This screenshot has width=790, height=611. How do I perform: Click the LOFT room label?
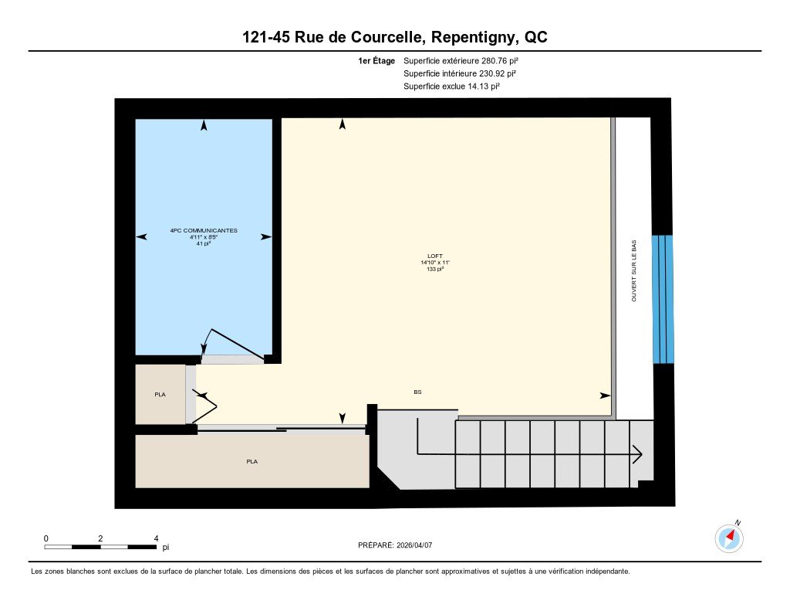coord(435,256)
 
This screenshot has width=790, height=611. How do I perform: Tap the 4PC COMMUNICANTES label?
coord(204,230)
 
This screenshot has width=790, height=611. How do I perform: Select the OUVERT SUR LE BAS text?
coord(634,270)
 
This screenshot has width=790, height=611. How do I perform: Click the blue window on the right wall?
coord(662,299)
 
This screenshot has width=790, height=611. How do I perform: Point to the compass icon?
coord(730,538)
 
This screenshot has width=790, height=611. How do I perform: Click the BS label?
coord(417,392)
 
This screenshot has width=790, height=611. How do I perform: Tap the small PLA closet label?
coord(160,395)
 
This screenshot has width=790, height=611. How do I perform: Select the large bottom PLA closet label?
coord(252,462)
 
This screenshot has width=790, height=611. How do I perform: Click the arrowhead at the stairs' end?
coord(637,454)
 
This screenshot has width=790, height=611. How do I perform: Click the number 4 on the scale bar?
coord(156,538)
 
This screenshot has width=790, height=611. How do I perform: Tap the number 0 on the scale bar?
coord(46,538)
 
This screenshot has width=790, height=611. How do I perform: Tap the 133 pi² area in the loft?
coord(435,270)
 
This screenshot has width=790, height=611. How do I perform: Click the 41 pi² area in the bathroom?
coord(204,243)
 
